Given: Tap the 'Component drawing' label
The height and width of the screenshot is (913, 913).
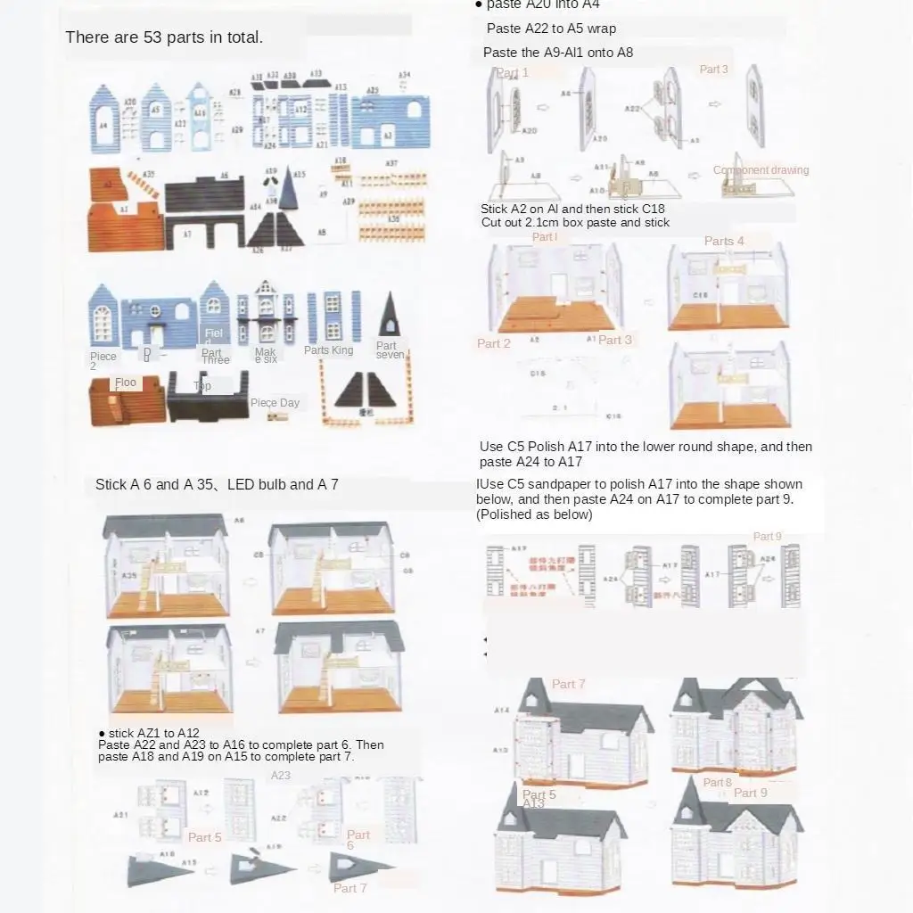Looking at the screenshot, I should click(761, 170).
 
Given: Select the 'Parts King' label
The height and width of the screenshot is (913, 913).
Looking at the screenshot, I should click(328, 350).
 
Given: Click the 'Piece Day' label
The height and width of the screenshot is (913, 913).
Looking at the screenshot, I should click(275, 403).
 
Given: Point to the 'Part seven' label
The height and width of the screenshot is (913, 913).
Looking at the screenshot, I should click(389, 350).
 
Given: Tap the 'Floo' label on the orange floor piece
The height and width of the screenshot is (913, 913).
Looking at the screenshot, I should click(126, 382).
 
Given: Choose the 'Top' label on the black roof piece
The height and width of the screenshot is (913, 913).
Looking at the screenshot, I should click(202, 386).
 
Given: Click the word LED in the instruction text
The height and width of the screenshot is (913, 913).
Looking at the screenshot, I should click(241, 485).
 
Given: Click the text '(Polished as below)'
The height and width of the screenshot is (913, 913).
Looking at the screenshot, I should click(534, 514).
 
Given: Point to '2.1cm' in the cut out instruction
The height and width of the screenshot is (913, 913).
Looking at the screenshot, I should click(540, 222).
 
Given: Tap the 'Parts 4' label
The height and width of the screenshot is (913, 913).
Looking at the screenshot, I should click(723, 241).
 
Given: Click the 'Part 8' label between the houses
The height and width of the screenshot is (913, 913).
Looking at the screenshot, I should click(717, 783).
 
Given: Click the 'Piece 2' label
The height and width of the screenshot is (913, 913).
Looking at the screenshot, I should click(103, 361).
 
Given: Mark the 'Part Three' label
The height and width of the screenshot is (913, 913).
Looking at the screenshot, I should click(214, 357).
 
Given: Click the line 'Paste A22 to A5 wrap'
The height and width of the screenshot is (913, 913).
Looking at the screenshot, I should click(551, 29).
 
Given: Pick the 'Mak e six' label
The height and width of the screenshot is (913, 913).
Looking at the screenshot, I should click(265, 356).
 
